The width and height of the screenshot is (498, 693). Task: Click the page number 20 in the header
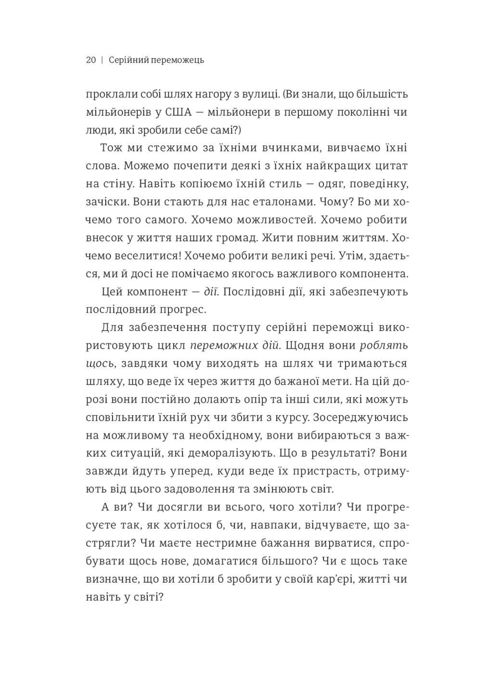tap(91, 60)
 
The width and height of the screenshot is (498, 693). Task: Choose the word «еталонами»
tap(270, 202)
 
